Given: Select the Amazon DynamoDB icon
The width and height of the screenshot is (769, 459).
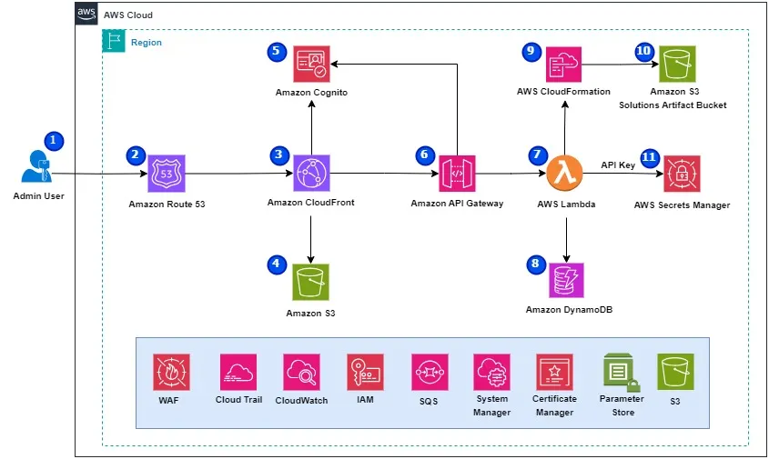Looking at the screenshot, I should (566, 281).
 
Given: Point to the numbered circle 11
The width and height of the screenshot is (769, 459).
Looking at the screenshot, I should (649, 156).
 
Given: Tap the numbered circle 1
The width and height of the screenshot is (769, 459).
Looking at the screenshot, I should (55, 141).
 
